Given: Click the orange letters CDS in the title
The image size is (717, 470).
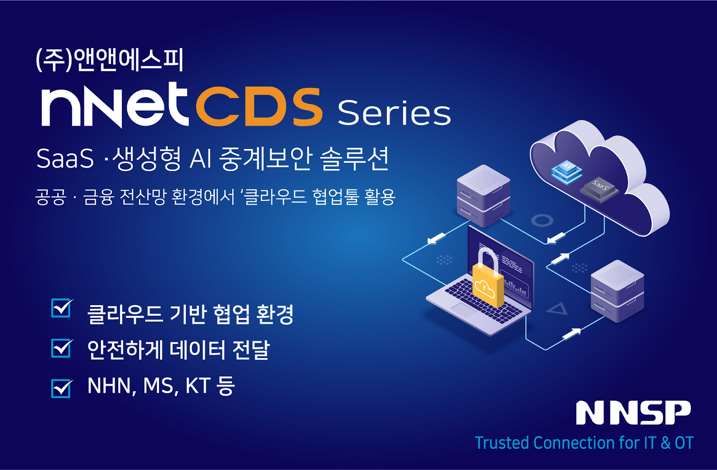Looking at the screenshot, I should pyautogui.click(x=259, y=106).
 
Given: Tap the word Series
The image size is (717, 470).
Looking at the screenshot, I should pyautogui.click(x=394, y=113).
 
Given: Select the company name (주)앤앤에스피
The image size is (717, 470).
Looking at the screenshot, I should pyautogui.click(x=110, y=60).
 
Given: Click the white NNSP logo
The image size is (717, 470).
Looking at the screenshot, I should pyautogui.click(x=633, y=413).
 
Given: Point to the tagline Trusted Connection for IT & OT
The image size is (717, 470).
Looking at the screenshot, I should pyautogui.click(x=584, y=443).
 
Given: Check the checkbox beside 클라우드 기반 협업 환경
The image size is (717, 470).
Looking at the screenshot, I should pyautogui.click(x=61, y=308).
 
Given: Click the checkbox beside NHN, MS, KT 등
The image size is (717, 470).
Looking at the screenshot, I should pyautogui.click(x=61, y=388).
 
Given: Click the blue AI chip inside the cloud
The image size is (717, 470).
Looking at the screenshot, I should pyautogui.click(x=566, y=172).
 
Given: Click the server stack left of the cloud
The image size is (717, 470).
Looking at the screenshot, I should pyautogui.click(x=483, y=195).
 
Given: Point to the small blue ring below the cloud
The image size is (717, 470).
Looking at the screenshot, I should pyautogui.click(x=542, y=220).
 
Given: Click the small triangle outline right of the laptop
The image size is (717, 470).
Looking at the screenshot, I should pyautogui.click(x=558, y=309).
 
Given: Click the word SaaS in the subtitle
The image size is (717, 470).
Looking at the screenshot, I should pyautogui.click(x=65, y=159).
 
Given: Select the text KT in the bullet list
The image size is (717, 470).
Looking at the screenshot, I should pyautogui.click(x=198, y=386).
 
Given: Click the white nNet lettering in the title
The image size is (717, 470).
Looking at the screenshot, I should pyautogui.click(x=114, y=106).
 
